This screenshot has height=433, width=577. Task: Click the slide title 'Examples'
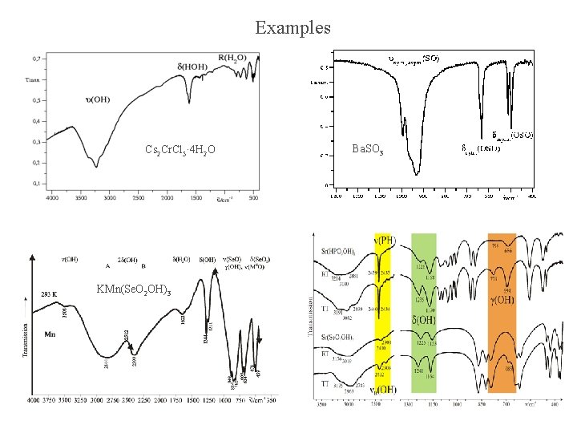coord(293,27)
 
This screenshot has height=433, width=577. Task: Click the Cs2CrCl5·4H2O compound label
coord(180,150)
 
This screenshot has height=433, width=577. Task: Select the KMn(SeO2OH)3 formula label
coord(133,289)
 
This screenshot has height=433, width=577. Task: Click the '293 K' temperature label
coord(50,293)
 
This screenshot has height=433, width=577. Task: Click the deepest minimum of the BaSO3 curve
coord(417,172)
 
